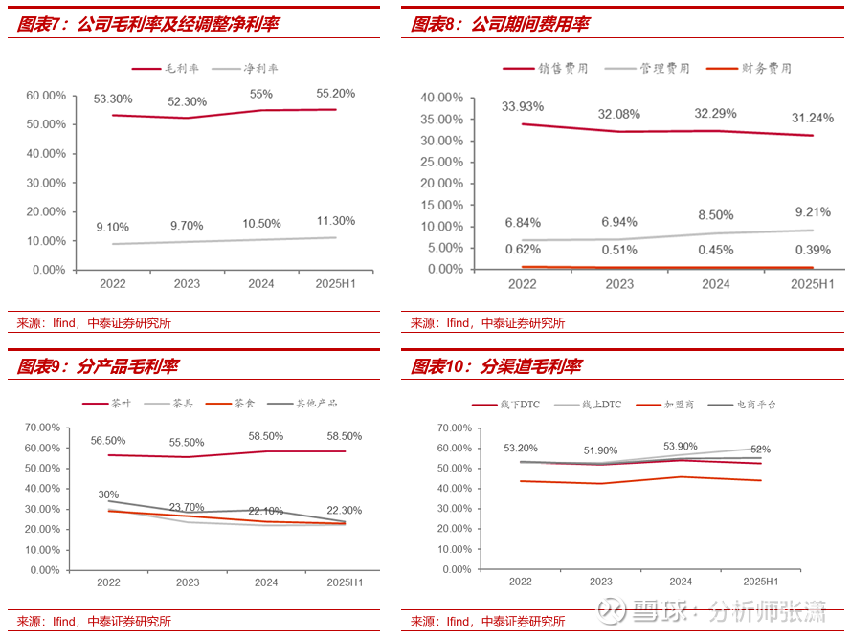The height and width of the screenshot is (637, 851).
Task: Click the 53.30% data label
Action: tap(113, 99)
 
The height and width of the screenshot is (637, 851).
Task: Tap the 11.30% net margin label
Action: tap(336, 220)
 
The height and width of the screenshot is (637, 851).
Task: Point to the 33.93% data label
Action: tap(523, 106)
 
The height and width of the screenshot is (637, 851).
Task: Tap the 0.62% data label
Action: tap(523, 251)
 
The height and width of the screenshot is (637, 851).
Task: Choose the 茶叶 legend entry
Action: tap(122, 404)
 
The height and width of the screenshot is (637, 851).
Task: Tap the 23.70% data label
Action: tap(188, 507)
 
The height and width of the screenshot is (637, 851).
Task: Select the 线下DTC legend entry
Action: tap(520, 405)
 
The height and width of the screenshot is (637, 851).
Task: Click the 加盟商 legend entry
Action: tap(679, 405)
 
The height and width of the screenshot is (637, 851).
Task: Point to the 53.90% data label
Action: tap(681, 447)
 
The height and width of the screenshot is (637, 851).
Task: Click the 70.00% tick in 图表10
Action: tap(453, 428)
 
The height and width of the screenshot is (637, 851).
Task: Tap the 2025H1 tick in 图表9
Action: tap(345, 582)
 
